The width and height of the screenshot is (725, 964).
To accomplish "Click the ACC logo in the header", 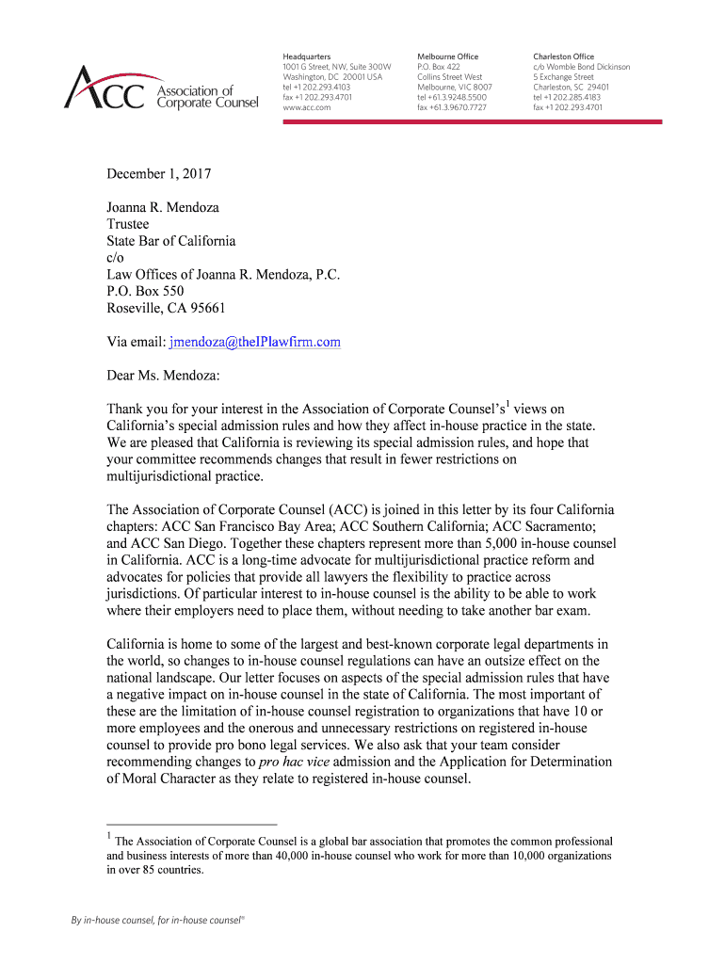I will click(160, 88).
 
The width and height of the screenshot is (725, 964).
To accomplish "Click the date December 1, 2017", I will click(158, 174).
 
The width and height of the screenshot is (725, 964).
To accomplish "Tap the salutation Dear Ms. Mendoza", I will click(162, 376).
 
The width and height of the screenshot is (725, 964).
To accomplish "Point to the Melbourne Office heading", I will click(448, 56).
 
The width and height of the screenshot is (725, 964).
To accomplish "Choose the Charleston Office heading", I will click(564, 56).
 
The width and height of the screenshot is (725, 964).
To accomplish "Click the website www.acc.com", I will click(307, 107).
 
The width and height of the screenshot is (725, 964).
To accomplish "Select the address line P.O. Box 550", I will click(145, 292).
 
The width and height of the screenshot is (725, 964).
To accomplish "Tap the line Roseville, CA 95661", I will click(166, 308).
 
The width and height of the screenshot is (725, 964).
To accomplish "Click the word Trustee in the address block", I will click(127, 224).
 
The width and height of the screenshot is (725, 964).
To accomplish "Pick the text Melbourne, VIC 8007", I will click(455, 87).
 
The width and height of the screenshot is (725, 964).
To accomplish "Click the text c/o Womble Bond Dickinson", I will click(581, 67).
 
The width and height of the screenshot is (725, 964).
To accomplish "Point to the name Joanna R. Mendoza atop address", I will click(163, 207).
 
